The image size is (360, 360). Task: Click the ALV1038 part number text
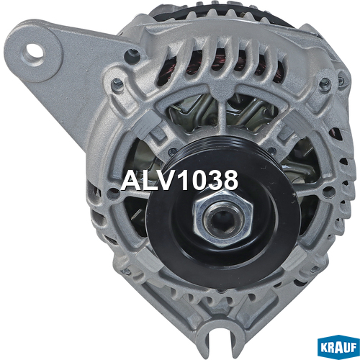[179, 181]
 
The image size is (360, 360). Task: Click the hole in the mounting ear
[36, 53]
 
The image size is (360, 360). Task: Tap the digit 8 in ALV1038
[229, 181]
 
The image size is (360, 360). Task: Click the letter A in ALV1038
[132, 181]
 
